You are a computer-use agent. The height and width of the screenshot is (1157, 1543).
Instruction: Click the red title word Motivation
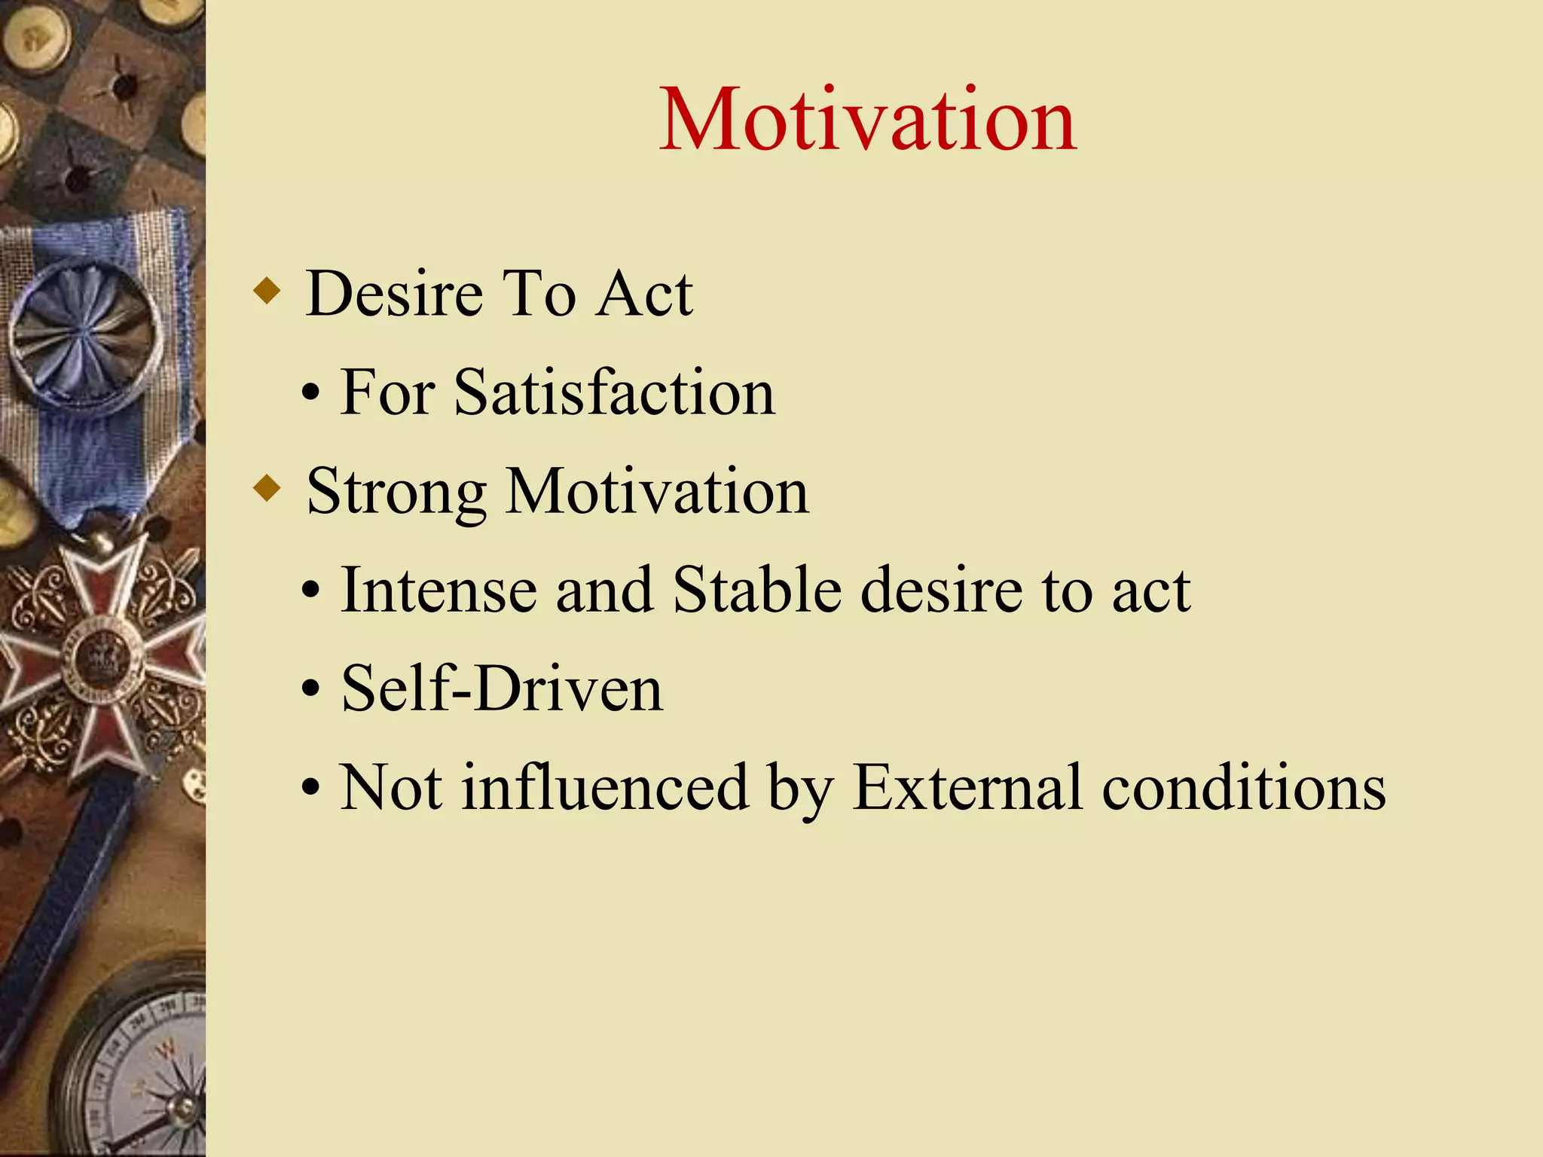click(x=867, y=121)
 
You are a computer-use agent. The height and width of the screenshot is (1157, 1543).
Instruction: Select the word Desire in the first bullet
click(x=394, y=294)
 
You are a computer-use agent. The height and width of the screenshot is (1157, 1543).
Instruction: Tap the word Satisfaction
click(x=614, y=392)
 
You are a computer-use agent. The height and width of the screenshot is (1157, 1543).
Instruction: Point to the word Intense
click(x=439, y=590)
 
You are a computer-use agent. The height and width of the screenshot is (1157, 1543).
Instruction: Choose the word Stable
click(x=756, y=590)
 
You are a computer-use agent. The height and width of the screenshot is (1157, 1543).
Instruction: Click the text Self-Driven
click(x=502, y=688)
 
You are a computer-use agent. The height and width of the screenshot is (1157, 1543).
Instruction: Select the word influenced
click(x=605, y=788)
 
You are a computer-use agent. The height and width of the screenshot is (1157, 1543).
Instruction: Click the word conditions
click(x=1243, y=788)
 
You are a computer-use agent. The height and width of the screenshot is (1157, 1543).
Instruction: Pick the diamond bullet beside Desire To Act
click(x=267, y=291)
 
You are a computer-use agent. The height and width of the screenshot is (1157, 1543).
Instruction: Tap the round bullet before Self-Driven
click(x=310, y=690)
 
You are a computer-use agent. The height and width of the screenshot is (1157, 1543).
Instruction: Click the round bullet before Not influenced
click(x=310, y=789)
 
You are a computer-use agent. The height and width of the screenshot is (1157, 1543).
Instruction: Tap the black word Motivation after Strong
click(x=657, y=492)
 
